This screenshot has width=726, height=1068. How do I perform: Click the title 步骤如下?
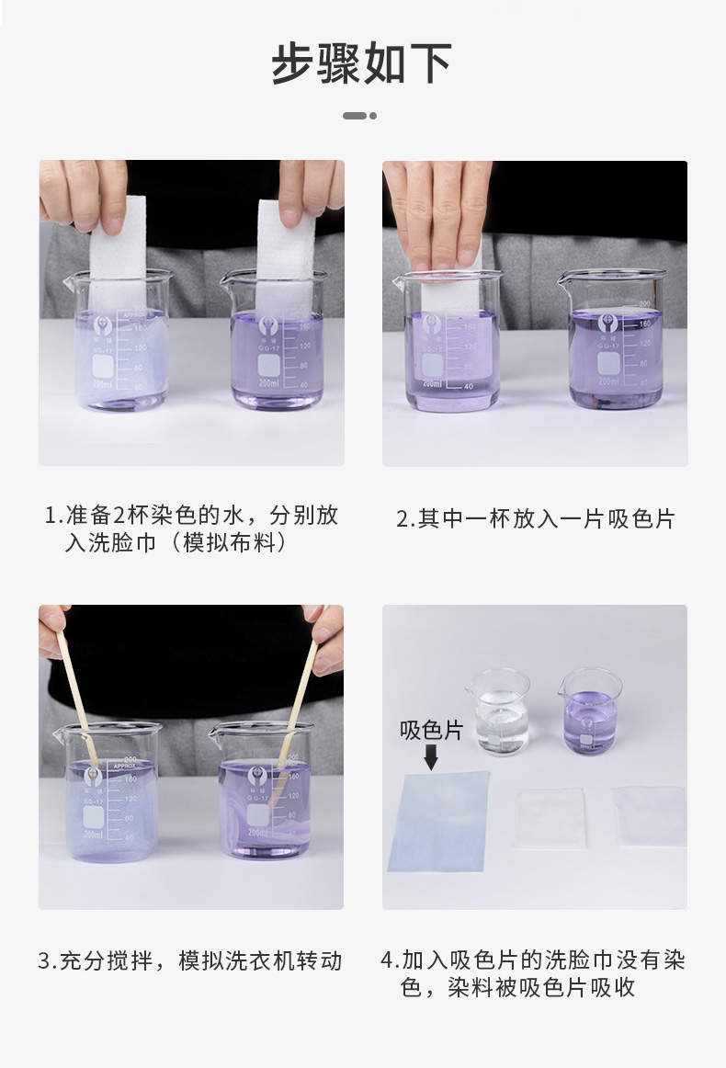[x=362, y=63]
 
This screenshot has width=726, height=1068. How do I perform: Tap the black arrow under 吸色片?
[x=430, y=756]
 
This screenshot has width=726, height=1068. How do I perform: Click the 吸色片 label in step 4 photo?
[x=431, y=730]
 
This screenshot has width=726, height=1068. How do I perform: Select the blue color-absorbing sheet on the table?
[x=438, y=821]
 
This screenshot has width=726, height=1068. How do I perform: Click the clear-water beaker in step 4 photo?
[x=498, y=710]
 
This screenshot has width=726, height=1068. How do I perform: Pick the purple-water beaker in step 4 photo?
[x=589, y=710]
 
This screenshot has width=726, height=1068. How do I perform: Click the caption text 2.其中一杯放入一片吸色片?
[x=535, y=519]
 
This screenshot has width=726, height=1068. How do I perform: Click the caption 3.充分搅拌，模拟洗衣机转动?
[x=191, y=960]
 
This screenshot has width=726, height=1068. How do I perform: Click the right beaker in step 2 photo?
[x=612, y=338]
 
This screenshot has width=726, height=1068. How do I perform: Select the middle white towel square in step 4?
[x=550, y=818]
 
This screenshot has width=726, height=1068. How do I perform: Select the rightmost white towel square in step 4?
[x=651, y=816]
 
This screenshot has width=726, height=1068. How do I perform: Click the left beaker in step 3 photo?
[x=109, y=792]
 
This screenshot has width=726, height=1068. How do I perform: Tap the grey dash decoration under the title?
[x=359, y=116]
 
